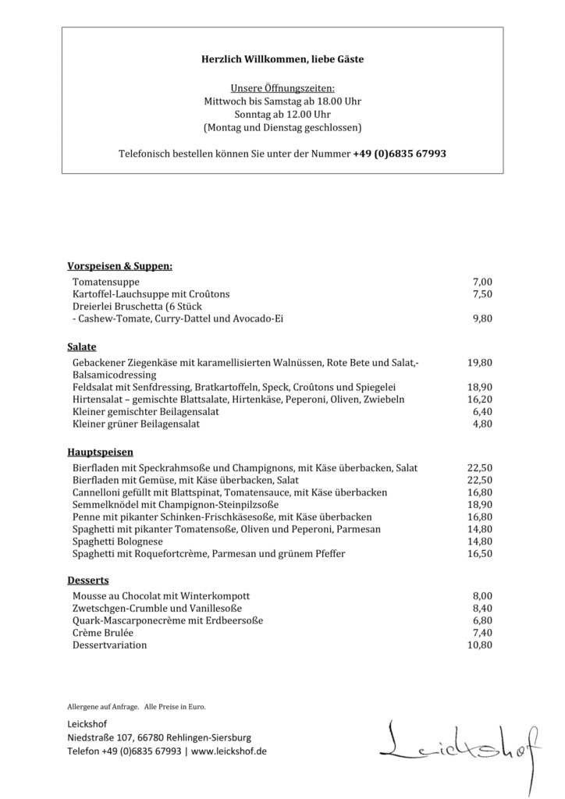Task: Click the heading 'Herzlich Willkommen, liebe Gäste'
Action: (x=282, y=59)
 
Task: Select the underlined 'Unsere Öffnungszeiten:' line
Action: (x=282, y=88)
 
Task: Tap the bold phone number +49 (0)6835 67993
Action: (x=400, y=154)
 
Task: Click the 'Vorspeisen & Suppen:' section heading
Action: (x=119, y=266)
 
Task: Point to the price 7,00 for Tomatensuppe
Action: (x=482, y=282)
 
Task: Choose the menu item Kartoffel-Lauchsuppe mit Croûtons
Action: (x=151, y=294)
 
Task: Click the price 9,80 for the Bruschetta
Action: (x=482, y=319)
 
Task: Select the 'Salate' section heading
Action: (x=82, y=346)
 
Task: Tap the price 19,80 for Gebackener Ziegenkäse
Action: (x=479, y=363)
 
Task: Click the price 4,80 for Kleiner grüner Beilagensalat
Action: (x=482, y=424)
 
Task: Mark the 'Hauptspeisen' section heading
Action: (x=100, y=452)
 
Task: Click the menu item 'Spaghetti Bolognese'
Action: (x=118, y=542)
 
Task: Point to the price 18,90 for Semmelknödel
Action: (x=479, y=505)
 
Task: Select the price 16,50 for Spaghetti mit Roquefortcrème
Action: (x=479, y=554)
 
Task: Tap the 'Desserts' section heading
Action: (x=88, y=581)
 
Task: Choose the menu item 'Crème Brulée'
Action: (x=103, y=633)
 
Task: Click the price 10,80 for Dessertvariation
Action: (x=479, y=645)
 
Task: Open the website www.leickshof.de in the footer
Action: (x=229, y=751)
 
